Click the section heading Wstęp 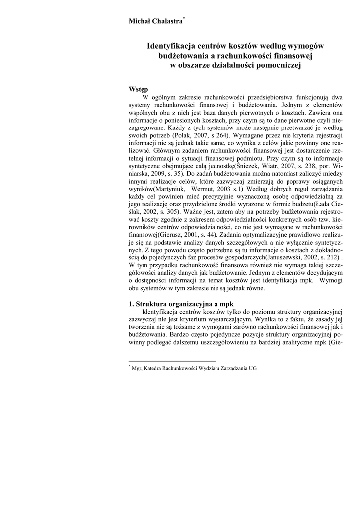pyautogui.click(x=139, y=89)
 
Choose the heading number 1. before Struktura pyautogui.click(x=132, y=304)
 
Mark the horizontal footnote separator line pyautogui.click(x=171, y=362)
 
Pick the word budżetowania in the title pyautogui.click(x=179, y=56)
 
